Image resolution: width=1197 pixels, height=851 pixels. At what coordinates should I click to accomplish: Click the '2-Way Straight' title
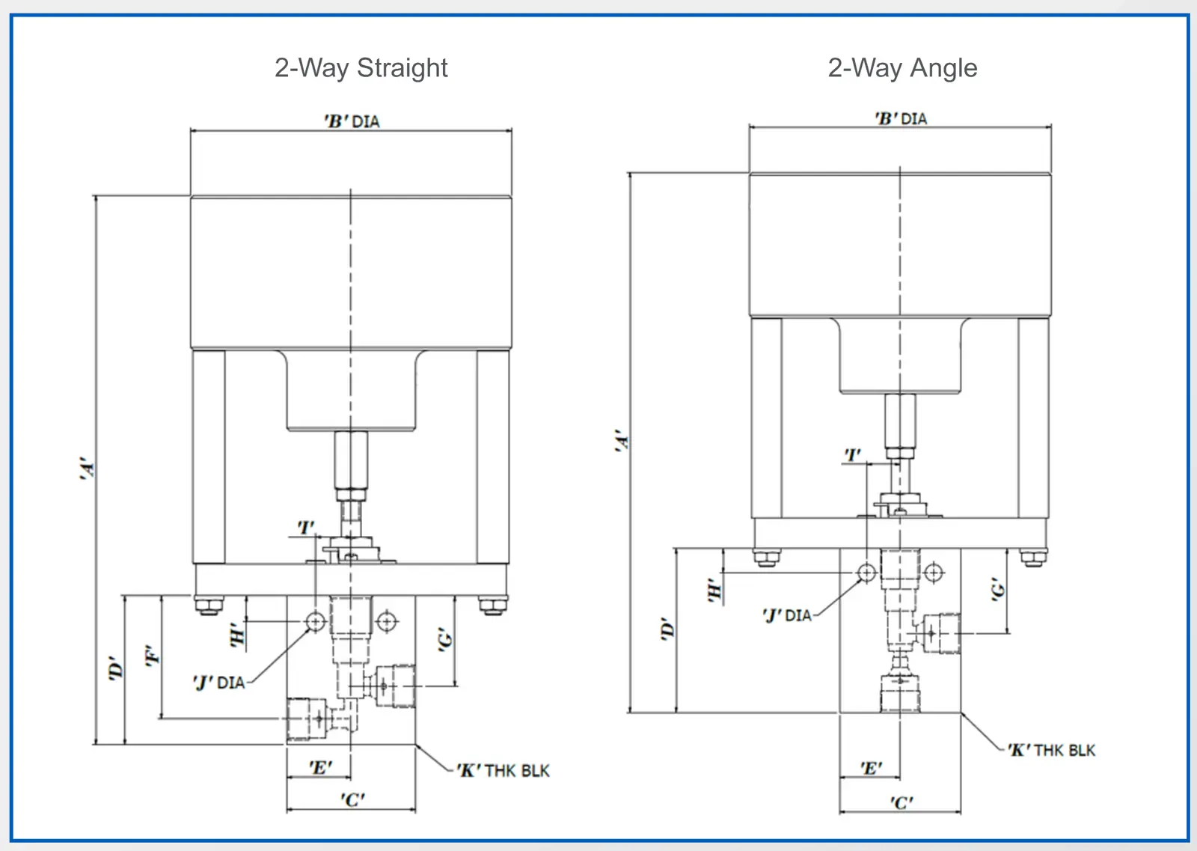point(361,68)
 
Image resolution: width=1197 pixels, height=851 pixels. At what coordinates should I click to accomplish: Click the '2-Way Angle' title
point(902,68)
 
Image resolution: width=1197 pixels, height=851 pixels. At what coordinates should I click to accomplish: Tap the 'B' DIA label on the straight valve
point(352,121)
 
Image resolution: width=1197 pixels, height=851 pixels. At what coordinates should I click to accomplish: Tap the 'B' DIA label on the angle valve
point(901,118)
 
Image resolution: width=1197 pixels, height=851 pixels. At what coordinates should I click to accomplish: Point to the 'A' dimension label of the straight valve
point(87,469)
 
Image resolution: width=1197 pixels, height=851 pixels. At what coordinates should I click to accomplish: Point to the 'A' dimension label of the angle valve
point(622,441)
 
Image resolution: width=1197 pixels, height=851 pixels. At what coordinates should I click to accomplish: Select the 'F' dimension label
point(153,656)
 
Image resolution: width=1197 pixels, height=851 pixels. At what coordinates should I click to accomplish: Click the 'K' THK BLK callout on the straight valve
point(503,770)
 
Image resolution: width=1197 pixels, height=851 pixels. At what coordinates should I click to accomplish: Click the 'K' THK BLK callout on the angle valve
point(1051,750)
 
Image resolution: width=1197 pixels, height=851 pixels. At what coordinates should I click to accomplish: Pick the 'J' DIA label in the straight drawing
point(219,683)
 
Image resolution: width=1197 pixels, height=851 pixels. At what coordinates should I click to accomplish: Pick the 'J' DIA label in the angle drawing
point(787,615)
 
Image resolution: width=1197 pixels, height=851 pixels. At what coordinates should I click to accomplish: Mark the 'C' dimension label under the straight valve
point(352,799)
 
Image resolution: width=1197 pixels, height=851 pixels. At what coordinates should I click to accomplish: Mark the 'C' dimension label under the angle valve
point(901,802)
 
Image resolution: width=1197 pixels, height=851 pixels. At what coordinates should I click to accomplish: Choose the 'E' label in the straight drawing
point(321,768)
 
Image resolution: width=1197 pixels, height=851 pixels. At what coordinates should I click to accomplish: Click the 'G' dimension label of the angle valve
point(998,590)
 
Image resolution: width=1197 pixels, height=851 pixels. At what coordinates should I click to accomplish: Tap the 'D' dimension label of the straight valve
point(115,668)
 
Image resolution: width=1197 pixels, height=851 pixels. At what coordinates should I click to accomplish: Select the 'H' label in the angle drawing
point(714,591)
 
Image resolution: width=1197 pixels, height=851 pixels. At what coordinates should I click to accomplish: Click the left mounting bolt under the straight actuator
point(209,606)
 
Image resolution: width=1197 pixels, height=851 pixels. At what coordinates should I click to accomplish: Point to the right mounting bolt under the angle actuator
point(1033,558)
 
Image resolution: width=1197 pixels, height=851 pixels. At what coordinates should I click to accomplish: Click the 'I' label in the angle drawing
point(852,455)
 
